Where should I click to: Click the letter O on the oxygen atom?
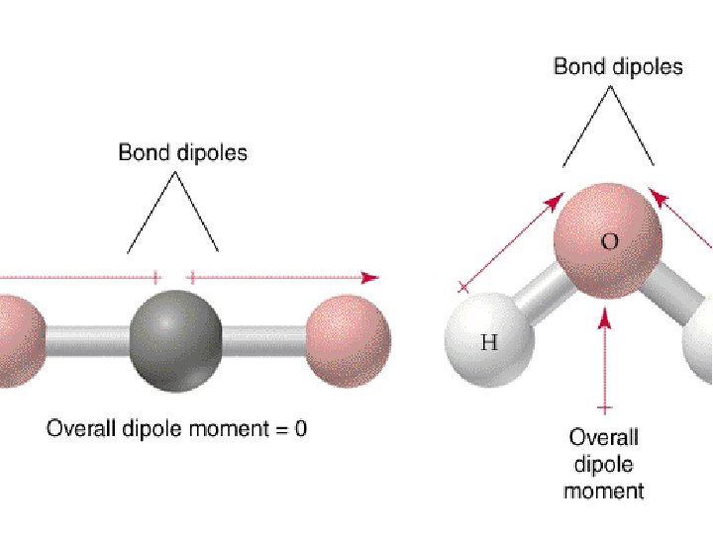[611, 240]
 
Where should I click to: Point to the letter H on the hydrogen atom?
[489, 344]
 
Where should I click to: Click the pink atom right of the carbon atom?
[348, 340]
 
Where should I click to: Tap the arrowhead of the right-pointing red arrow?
[371, 278]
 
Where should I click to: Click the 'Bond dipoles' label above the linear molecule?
[182, 152]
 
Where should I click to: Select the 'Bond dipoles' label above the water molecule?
[618, 67]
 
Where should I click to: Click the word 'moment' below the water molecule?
[604, 489]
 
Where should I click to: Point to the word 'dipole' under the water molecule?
[603, 463]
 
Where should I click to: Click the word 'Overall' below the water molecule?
[603, 436]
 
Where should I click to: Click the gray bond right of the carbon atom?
[262, 342]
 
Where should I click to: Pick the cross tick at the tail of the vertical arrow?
[605, 406]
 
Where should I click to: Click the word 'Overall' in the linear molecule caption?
[80, 429]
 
